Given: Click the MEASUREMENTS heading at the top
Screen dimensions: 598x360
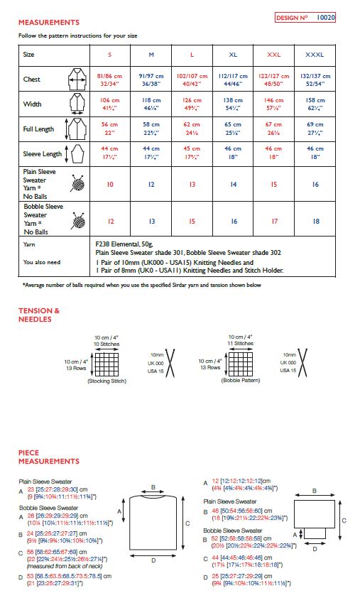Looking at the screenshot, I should tap(48, 23).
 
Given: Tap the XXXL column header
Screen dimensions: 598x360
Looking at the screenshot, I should tap(315, 54).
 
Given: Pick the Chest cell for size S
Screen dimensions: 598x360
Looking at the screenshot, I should tap(109, 80).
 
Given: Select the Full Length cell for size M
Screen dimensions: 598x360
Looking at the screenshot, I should tap(151, 130).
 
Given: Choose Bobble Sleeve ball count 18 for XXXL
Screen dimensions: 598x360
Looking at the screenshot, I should tap(315, 221).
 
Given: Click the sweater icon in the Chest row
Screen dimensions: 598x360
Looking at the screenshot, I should tap(75, 80).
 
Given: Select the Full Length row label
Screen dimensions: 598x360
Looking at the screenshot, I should tap(39, 130).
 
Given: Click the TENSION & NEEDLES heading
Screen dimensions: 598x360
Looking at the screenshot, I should tap(38, 315).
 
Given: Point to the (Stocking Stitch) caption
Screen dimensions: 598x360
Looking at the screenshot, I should tap(107, 381).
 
